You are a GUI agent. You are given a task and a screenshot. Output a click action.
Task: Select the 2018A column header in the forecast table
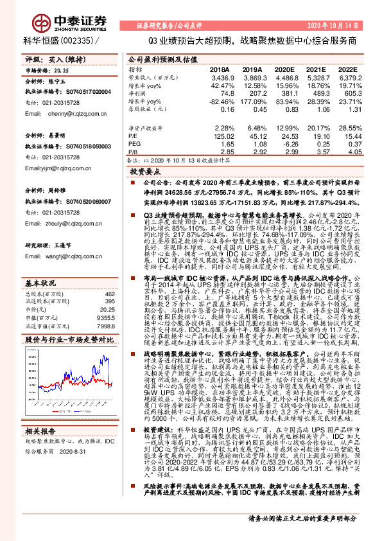click(220, 69)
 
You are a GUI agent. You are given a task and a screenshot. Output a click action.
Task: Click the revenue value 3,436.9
click(219, 76)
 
